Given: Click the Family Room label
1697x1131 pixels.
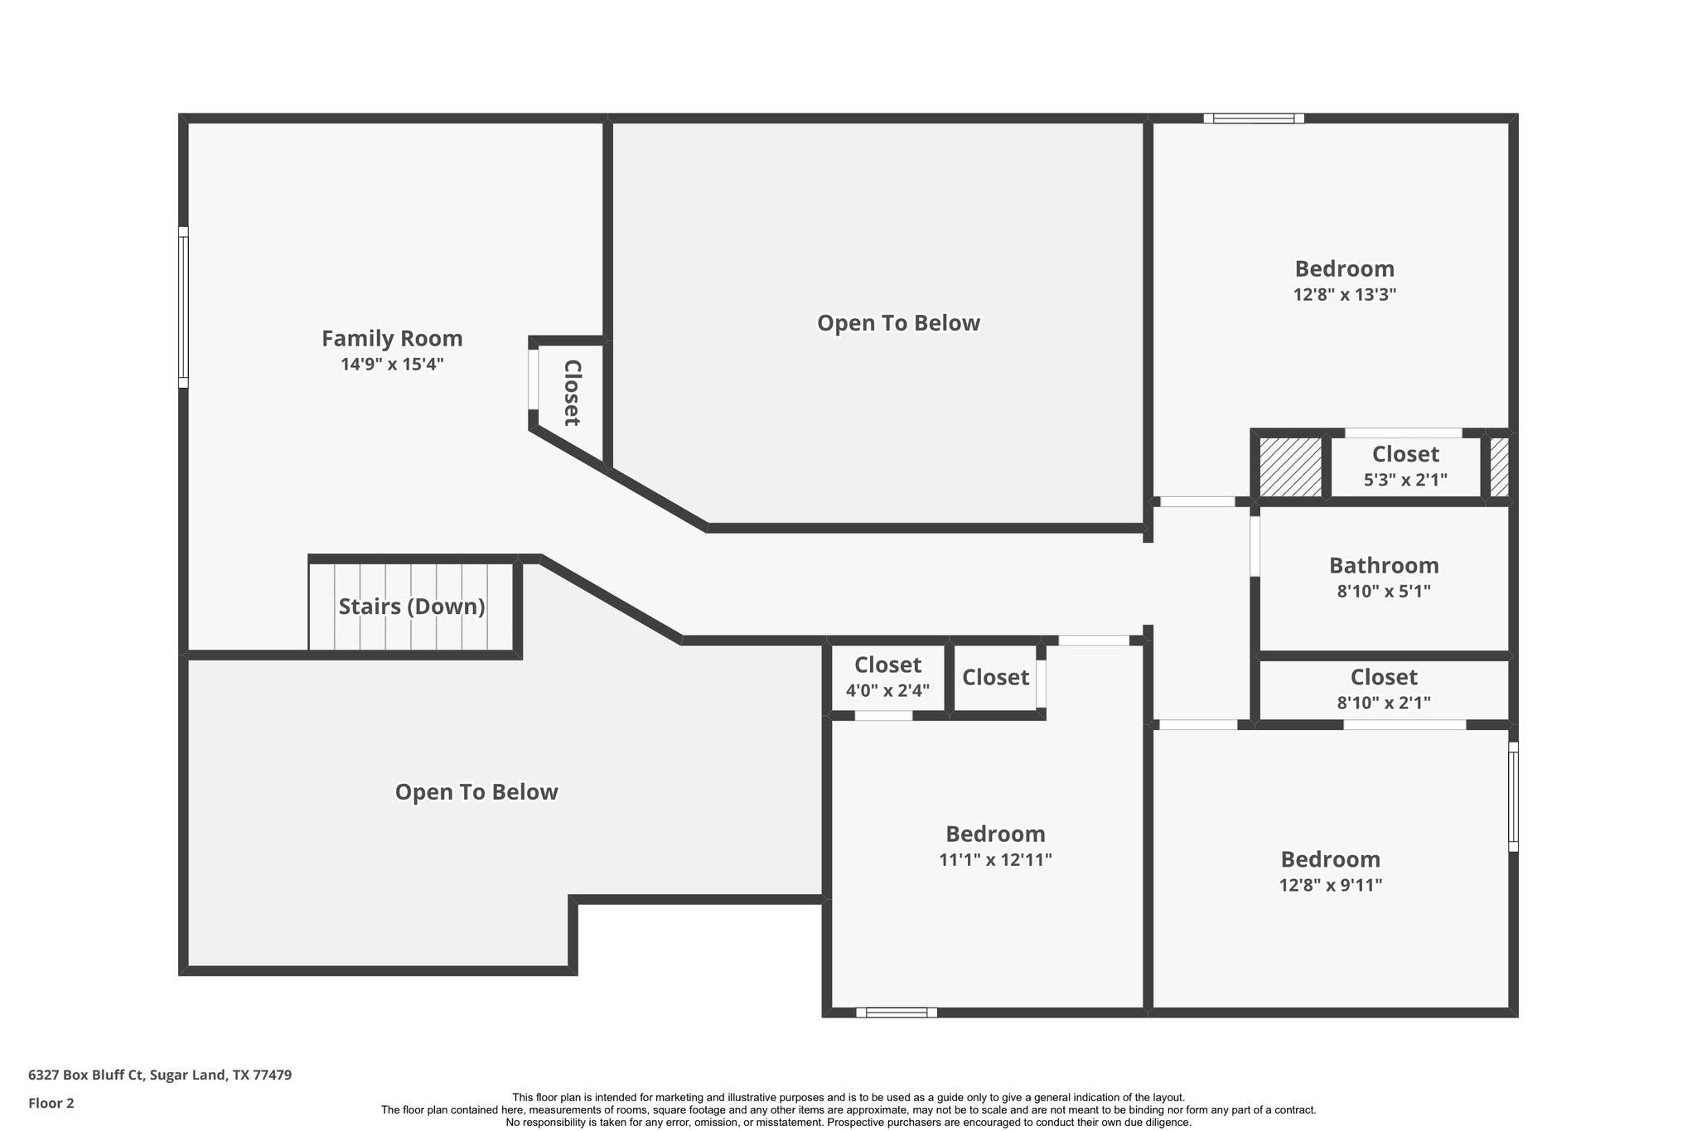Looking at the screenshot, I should point(392,338).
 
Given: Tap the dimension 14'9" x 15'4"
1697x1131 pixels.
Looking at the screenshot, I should point(392,364).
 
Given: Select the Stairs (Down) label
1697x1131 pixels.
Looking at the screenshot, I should point(412,607).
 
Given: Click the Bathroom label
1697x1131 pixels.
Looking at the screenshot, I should point(1384,565).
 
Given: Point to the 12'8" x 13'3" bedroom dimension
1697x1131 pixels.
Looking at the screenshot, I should point(1344,294).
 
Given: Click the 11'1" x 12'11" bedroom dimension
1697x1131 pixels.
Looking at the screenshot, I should point(995,859).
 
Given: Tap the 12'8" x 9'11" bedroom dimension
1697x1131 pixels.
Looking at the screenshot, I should point(1330,885).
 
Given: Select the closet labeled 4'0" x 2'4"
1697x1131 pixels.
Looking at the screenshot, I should point(887,678).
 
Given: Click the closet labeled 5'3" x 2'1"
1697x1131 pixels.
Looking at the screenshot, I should point(1405,466).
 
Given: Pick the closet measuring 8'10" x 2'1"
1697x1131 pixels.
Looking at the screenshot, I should point(1383,689).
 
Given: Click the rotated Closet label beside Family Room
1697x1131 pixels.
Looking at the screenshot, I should point(572,393).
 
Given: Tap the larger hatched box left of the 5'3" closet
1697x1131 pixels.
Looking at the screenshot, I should point(1290,467).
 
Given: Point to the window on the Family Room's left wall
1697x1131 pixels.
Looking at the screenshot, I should point(183,307).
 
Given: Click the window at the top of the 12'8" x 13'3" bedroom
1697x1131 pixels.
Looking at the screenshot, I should point(1254,118).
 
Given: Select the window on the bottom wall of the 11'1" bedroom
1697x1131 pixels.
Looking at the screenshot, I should point(896,1012).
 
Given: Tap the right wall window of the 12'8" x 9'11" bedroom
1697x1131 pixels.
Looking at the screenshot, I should point(1513,796).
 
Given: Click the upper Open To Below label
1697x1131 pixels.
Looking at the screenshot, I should point(898,323).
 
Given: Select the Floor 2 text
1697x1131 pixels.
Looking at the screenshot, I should point(51,1103).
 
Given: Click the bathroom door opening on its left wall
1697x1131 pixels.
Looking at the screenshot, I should point(1255,545).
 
